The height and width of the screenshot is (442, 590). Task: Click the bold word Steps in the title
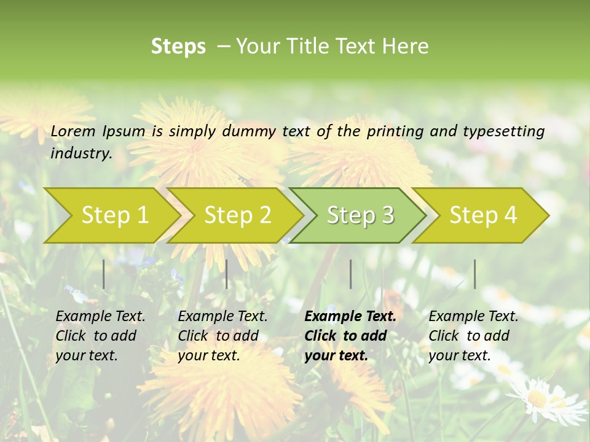point(178,46)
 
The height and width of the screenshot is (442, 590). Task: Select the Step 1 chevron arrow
point(111,215)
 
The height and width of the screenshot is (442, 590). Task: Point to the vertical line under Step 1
point(104,274)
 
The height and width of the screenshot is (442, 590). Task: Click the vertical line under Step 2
point(227,274)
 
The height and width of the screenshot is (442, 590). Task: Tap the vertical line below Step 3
point(351,274)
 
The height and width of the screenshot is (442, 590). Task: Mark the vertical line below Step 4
point(475,274)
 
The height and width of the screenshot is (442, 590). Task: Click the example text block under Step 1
point(100,336)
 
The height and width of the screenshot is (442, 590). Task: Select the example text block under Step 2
point(222,336)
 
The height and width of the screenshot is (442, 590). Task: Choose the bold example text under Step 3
point(350,336)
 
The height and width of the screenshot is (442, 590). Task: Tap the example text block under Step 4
point(473,336)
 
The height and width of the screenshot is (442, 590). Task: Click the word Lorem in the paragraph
point(73,131)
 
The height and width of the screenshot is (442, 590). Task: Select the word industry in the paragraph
point(81,153)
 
